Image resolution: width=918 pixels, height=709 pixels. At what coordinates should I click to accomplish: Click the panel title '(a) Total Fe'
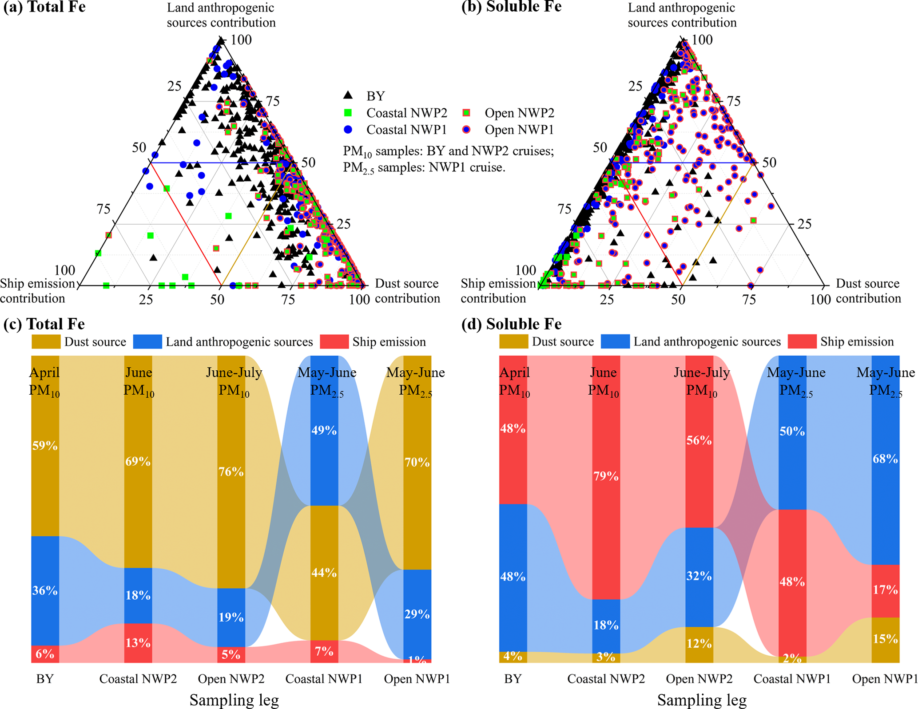point(44,7)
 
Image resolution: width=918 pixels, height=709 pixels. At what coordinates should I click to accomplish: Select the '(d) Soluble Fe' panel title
point(511,324)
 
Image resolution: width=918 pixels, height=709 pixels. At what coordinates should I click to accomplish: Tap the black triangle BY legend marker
point(348,95)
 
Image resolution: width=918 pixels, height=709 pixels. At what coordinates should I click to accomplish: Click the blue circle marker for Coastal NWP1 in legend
point(348,130)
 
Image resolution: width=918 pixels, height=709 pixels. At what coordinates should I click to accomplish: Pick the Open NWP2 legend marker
point(466,113)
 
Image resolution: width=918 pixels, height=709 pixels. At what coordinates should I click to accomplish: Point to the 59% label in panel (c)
point(45,446)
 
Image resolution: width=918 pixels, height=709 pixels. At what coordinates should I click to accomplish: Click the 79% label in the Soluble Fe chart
point(606,476)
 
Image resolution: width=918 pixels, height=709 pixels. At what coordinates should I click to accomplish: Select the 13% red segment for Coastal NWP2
point(138,643)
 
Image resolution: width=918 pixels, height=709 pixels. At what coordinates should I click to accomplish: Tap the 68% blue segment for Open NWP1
point(885,459)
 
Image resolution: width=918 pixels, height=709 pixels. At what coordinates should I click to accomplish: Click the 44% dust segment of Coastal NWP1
point(324,573)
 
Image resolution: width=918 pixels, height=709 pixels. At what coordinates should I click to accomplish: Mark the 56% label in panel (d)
point(699,440)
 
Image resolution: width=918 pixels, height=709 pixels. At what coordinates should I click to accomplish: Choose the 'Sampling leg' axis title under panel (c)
point(234,700)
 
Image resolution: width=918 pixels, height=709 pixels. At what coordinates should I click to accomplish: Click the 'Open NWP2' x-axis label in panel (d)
point(699,679)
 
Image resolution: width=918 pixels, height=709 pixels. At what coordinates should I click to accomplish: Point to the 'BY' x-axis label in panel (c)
point(45,679)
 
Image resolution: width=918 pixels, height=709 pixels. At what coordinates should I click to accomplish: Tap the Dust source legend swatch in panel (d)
point(514,342)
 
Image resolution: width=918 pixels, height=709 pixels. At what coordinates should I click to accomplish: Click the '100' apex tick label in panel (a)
point(241,40)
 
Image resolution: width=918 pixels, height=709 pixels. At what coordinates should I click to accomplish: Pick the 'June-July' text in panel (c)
point(234,372)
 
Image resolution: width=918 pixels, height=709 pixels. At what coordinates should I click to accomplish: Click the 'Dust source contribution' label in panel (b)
point(868,291)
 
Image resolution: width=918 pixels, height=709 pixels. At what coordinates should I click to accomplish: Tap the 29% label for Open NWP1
point(417,614)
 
